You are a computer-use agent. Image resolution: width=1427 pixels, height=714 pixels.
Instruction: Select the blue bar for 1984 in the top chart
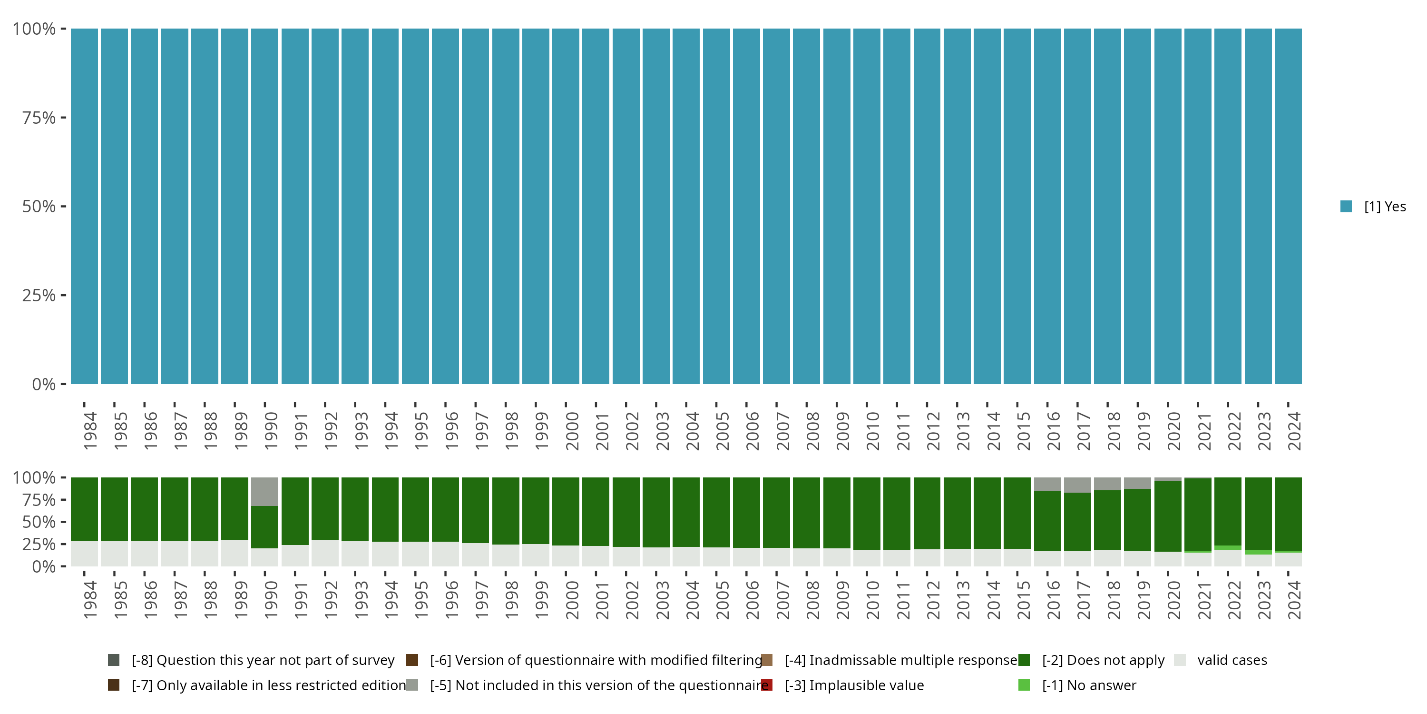pos(84,206)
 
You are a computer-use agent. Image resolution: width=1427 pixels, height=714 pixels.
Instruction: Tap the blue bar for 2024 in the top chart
pos(1288,206)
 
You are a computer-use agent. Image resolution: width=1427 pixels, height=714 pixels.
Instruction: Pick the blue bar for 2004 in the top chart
pos(686,206)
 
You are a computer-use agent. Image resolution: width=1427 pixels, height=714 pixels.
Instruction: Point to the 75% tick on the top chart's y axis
pos(63,118)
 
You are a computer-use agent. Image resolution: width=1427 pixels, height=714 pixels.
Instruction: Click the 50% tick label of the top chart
pos(39,207)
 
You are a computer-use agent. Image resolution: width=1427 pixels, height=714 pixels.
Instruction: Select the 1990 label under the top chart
pos(270,431)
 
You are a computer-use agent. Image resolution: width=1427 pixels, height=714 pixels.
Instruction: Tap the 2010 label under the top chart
pos(872,431)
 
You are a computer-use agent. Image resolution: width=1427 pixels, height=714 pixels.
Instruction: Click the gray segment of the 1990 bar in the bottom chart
pos(265,491)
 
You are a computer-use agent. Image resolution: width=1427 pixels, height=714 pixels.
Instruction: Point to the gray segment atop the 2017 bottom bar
pos(1077,485)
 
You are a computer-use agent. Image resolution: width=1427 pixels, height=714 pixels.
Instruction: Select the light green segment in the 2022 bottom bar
pos(1228,548)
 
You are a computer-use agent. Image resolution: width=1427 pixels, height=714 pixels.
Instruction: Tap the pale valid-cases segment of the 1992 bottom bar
pos(324,553)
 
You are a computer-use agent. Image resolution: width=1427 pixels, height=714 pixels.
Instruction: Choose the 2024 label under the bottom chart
pos(1293,600)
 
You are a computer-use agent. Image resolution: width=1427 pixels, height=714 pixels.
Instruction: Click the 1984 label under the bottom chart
pos(90,600)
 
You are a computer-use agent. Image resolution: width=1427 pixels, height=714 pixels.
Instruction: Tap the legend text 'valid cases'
pos(1232,660)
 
